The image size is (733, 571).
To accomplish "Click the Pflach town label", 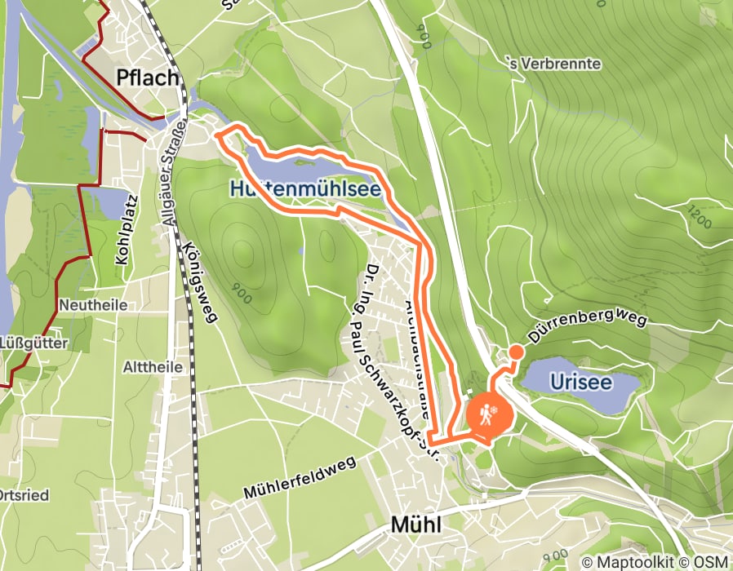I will point(148,77).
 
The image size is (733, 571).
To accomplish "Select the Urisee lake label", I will point(580,381).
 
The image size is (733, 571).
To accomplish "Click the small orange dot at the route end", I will point(516,352).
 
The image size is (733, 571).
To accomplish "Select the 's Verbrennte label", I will point(554,64).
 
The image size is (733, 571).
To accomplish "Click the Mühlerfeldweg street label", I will point(300,478).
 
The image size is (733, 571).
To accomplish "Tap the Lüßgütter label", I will point(34,342).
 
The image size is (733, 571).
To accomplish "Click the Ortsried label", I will point(26,495).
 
